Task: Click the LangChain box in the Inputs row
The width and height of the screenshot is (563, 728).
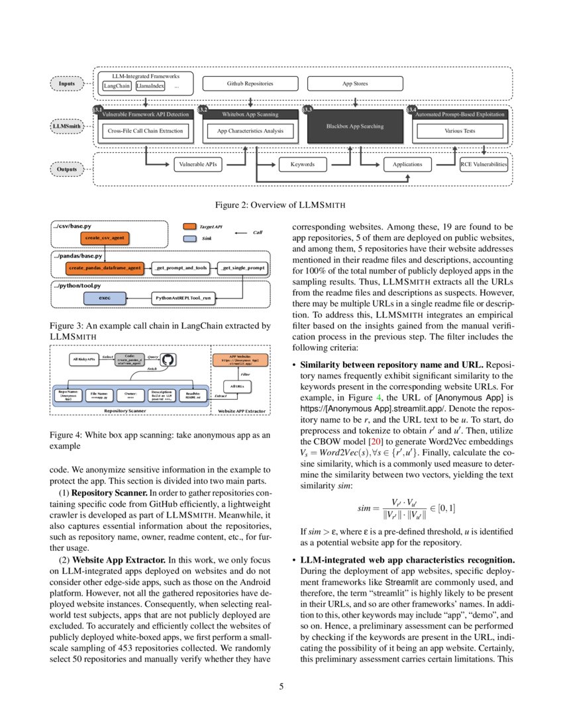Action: tap(117, 86)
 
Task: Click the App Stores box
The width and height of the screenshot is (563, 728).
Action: tap(355, 84)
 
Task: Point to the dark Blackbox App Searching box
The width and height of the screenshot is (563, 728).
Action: tap(355, 126)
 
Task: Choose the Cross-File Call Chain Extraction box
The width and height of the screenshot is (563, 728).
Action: tap(144, 131)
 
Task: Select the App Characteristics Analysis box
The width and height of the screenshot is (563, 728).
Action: tap(250, 131)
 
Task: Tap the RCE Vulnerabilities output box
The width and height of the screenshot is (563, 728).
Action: tap(484, 163)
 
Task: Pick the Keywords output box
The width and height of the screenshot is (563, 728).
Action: tap(302, 163)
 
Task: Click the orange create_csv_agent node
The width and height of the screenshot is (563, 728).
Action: tap(103, 237)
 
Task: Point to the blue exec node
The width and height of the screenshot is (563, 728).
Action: tap(104, 298)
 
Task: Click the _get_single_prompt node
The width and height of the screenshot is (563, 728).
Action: tap(242, 268)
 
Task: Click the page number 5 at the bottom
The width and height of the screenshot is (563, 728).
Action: tap(281, 686)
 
